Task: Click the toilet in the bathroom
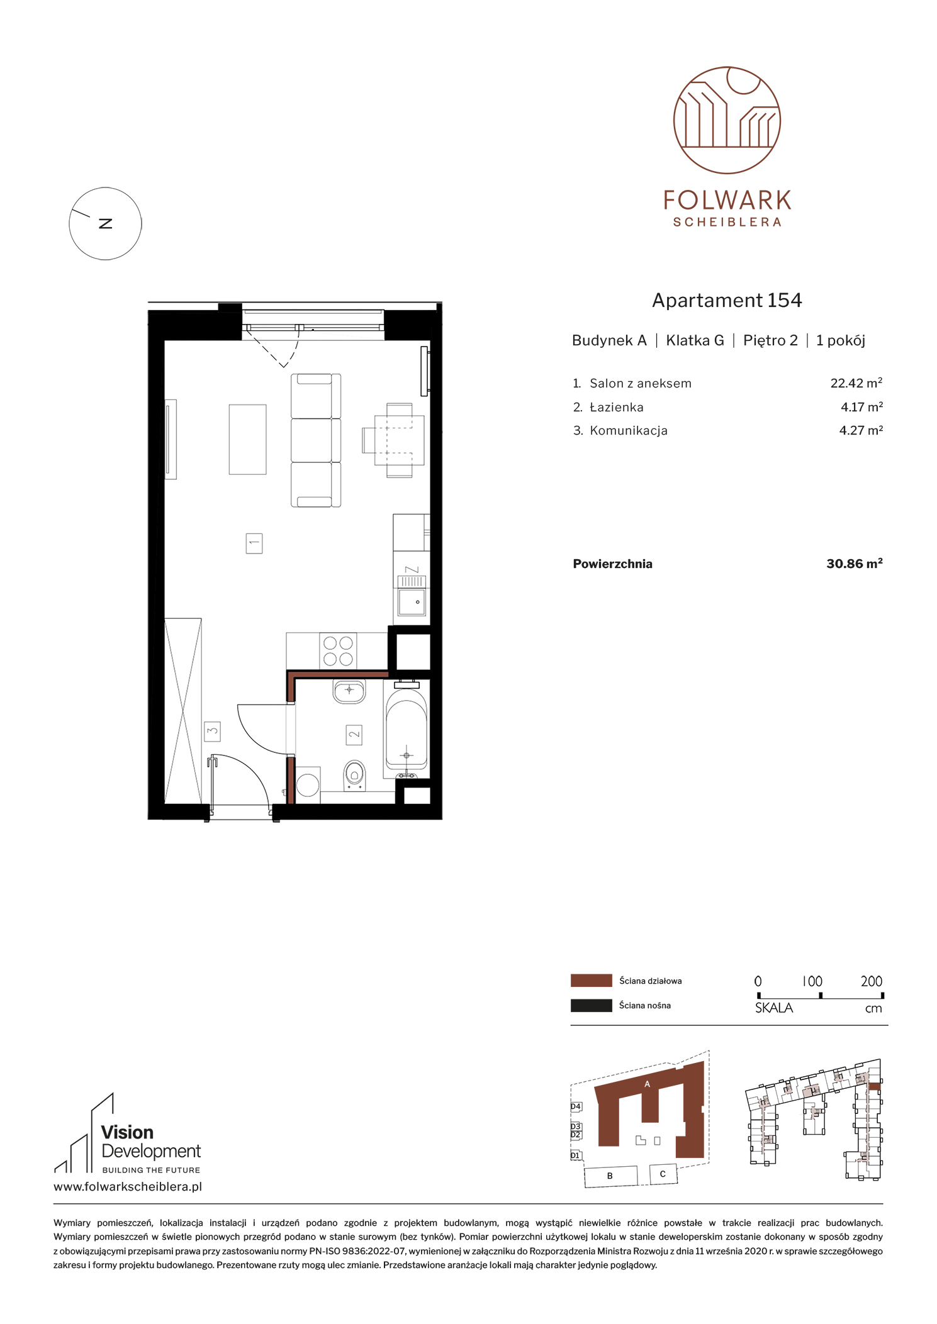click(354, 776)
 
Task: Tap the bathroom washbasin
click(349, 691)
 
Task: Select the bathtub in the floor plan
click(407, 730)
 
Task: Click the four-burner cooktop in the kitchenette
click(338, 651)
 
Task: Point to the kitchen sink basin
click(412, 602)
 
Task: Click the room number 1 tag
click(254, 543)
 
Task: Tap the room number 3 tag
click(212, 731)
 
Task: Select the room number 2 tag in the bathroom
click(354, 734)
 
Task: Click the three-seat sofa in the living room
click(316, 440)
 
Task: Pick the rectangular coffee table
click(247, 439)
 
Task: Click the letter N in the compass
click(106, 223)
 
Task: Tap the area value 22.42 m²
click(856, 383)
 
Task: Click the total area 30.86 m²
click(854, 564)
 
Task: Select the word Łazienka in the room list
click(617, 407)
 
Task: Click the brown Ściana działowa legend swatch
click(591, 981)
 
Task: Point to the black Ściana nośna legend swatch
click(591, 1005)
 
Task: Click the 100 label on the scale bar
click(812, 981)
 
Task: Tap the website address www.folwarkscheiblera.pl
click(128, 1187)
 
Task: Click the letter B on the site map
click(610, 1176)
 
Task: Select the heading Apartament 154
click(727, 300)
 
